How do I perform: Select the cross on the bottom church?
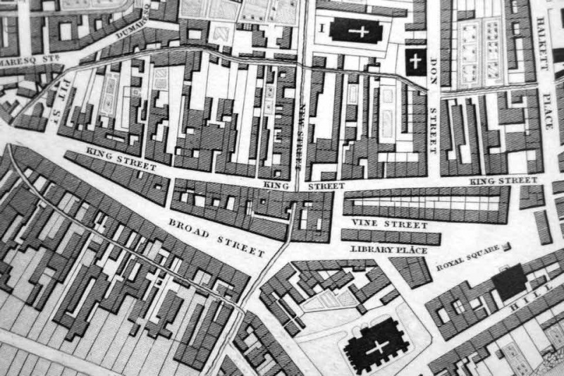[x=377, y=346]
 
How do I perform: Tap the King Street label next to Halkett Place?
[x=503, y=181]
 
